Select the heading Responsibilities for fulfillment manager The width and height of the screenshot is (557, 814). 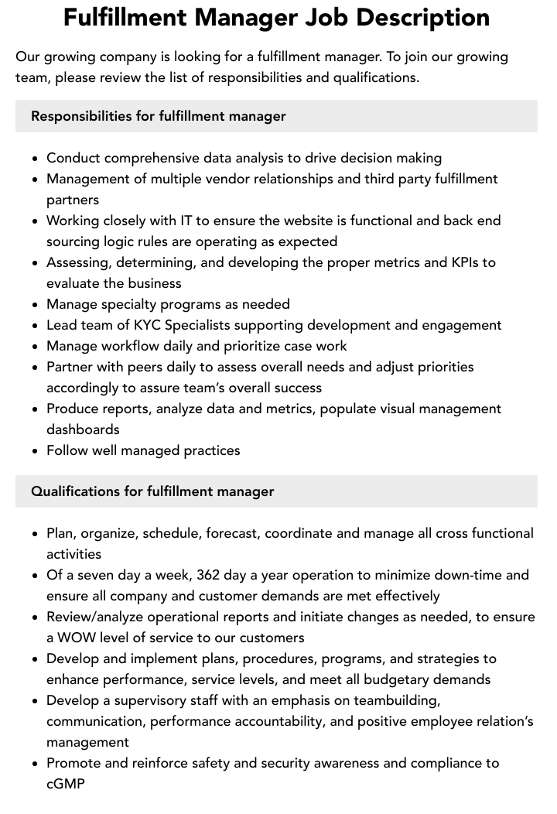coord(159,116)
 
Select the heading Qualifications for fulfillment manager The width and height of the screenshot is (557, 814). coord(152,491)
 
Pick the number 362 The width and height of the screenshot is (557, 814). coord(209,575)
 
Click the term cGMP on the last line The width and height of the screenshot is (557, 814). coord(66,784)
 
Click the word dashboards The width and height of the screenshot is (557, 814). coord(83,429)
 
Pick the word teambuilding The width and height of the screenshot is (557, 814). coord(397,700)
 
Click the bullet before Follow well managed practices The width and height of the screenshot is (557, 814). coord(36,451)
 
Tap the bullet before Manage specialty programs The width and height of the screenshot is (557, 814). coord(36,305)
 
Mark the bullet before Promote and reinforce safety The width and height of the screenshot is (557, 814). coord(36,764)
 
